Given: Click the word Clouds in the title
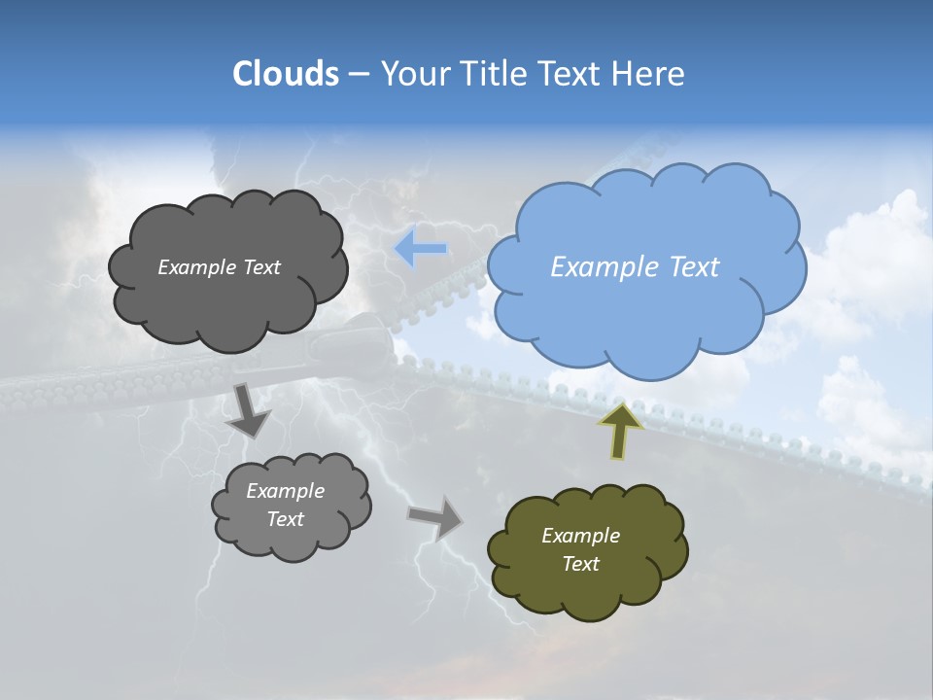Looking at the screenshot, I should [286, 74].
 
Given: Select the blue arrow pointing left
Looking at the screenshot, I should [421, 249].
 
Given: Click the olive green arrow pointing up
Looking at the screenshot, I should [621, 430].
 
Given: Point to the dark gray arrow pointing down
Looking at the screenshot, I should [248, 410].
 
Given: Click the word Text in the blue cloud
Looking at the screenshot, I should [693, 267].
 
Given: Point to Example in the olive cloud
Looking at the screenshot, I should [580, 536].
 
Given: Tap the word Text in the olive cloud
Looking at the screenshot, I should [580, 564].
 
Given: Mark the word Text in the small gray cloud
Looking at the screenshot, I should [285, 519].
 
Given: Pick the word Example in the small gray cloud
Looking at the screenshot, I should [285, 491].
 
